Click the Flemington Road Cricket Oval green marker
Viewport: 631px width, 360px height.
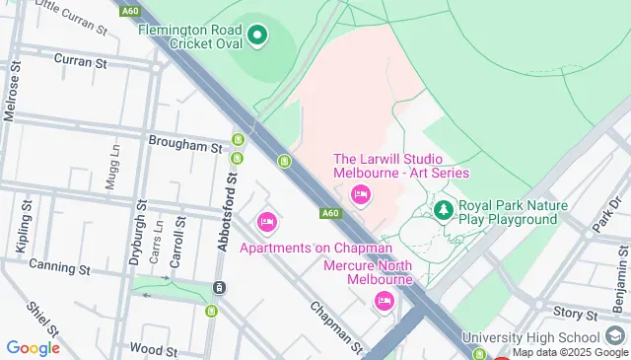click(x=258, y=37)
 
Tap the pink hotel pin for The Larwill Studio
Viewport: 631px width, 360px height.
click(x=360, y=195)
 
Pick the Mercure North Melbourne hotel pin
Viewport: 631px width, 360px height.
click(x=384, y=301)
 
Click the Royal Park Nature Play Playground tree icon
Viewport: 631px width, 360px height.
click(x=444, y=209)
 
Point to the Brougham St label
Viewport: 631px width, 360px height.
click(x=185, y=146)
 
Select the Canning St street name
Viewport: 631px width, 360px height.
click(x=59, y=266)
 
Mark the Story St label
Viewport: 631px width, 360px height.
click(x=569, y=314)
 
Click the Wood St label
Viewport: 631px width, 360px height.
click(x=152, y=349)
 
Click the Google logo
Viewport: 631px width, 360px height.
click(x=33, y=347)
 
